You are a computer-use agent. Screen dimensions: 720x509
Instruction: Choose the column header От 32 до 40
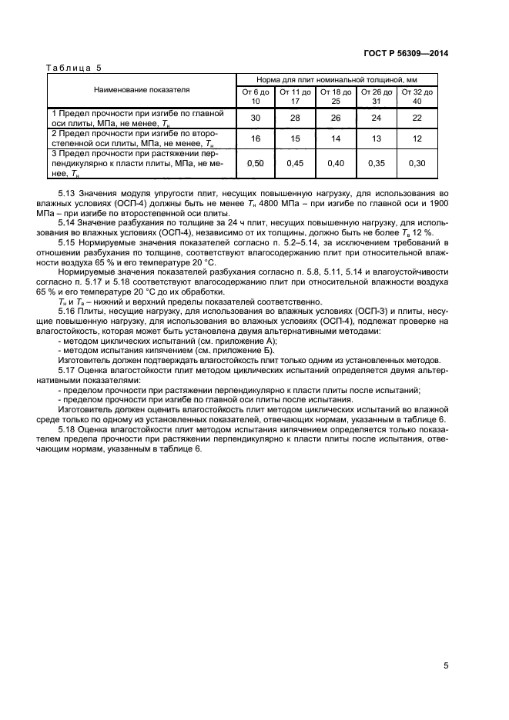417,96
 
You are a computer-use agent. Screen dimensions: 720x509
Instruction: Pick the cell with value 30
256,118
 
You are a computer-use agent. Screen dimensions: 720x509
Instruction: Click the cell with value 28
296,118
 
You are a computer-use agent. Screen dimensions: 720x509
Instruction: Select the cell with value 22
417,118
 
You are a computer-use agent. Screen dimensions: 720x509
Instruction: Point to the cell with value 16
256,138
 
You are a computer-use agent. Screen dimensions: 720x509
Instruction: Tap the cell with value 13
377,138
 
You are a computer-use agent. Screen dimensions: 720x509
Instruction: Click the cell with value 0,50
256,164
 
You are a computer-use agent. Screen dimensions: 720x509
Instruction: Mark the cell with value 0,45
296,164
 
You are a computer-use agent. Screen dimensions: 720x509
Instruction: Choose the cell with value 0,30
417,164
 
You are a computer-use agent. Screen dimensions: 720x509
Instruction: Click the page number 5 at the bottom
446,666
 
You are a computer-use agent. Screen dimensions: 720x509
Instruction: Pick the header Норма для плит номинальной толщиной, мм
337,78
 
